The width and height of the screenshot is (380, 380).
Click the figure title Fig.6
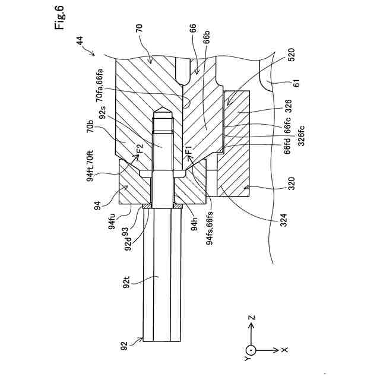59,17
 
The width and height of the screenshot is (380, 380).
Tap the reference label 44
80,40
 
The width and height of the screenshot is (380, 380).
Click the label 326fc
301,135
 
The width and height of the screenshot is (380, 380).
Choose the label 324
283,220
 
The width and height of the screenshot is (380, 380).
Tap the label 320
291,183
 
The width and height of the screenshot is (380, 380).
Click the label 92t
126,283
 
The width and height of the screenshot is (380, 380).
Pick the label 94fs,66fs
210,228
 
